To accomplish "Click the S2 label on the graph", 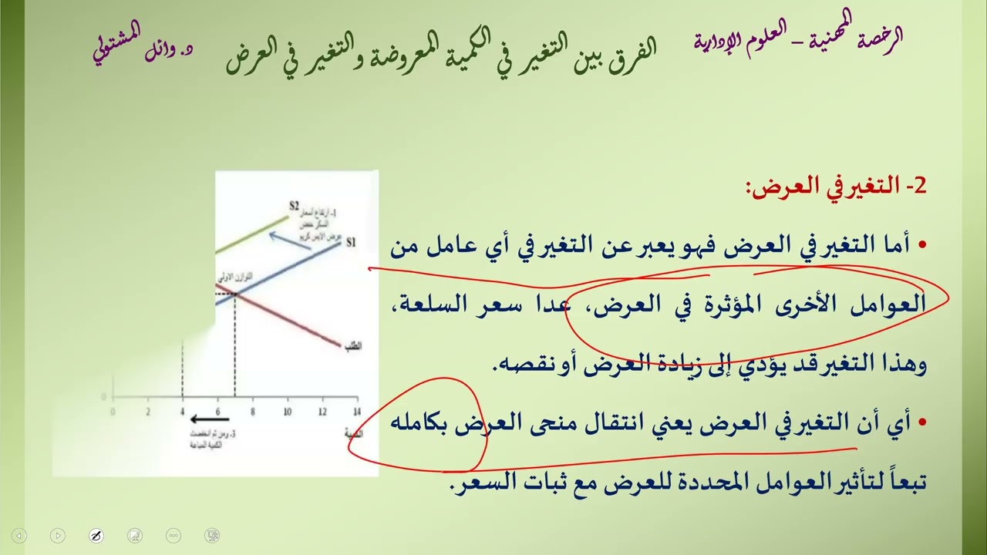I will (294, 206).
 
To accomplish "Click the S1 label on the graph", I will (351, 243).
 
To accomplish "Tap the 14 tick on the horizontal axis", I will (355, 412).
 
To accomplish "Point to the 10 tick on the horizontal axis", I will (287, 412).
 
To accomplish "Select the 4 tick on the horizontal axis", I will (183, 412).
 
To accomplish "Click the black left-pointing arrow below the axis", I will (204, 420).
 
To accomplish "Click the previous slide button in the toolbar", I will (20, 535).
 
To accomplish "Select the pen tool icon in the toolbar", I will (96, 535).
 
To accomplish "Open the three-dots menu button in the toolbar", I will (173, 535).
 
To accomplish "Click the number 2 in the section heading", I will (918, 187).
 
